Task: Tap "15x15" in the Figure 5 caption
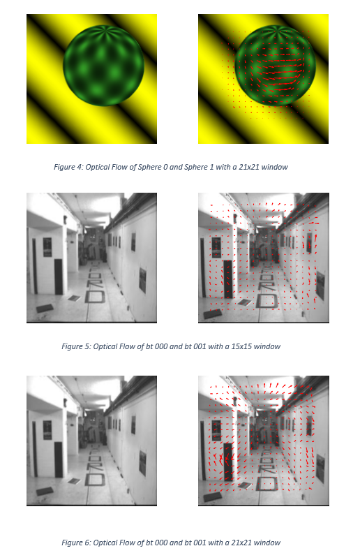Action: coord(241,346)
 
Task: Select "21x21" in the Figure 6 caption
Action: coord(241,543)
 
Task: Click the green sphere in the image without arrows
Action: coord(103,66)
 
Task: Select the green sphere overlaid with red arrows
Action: coord(275,66)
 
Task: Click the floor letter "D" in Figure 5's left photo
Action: coord(95,296)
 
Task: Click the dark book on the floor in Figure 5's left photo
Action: coord(45,308)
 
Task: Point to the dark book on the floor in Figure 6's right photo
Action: coord(212,496)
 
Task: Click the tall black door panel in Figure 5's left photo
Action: coord(59,277)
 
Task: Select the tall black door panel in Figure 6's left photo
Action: coord(59,460)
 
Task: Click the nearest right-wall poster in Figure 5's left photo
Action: coord(142,280)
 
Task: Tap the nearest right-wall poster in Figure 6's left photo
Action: coord(142,463)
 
